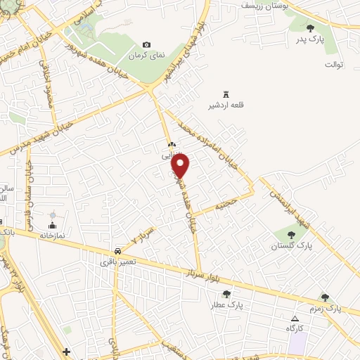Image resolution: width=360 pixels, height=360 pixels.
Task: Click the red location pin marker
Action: point(181,165)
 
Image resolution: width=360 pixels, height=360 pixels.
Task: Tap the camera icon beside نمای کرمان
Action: point(146,44)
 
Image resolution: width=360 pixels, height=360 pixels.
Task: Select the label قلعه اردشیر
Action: point(227,105)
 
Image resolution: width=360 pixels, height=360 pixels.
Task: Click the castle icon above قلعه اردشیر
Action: point(226,94)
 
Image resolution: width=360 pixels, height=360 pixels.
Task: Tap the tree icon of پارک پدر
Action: point(311,29)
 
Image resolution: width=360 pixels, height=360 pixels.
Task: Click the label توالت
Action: point(333,65)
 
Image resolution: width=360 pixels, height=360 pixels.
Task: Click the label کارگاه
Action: point(293,329)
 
